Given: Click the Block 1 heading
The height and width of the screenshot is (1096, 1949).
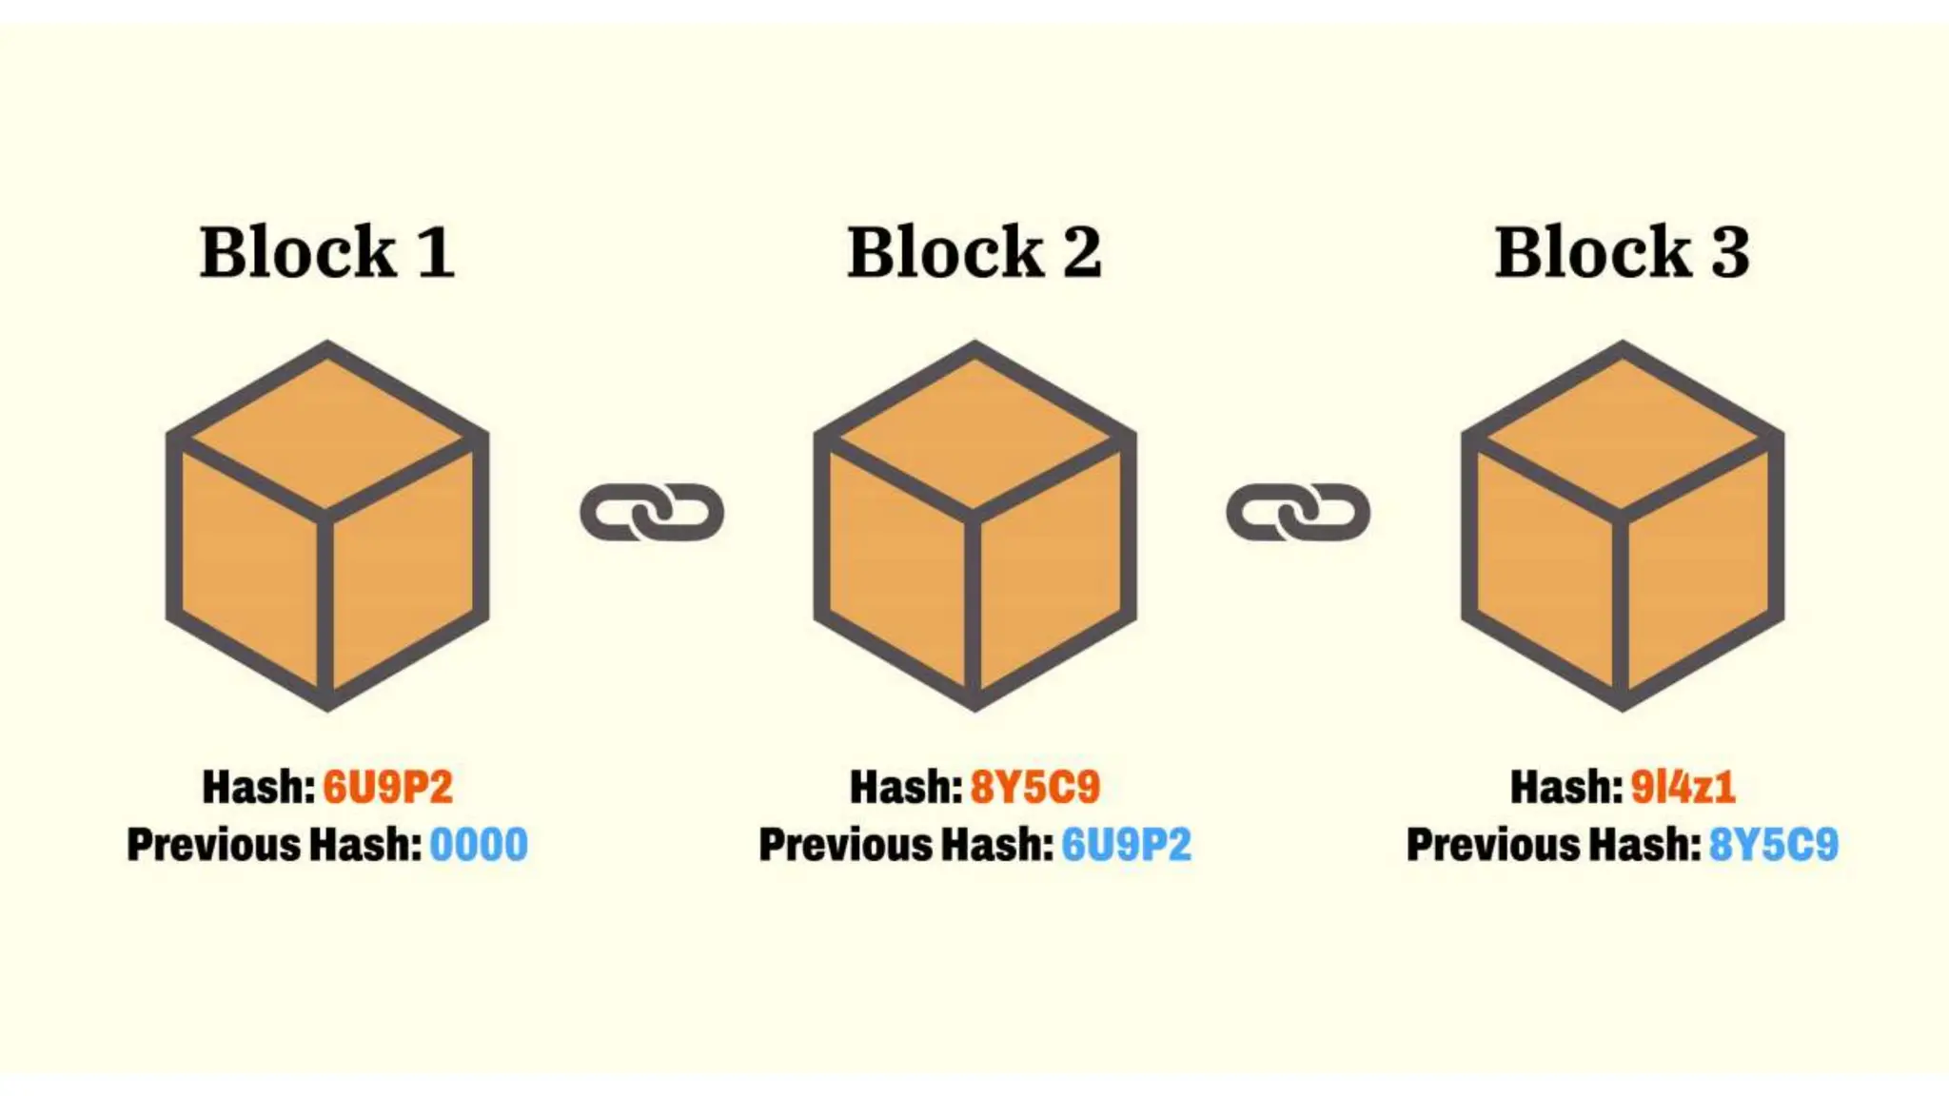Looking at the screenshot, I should click(x=326, y=252).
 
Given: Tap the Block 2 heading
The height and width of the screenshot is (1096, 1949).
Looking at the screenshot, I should click(x=974, y=252).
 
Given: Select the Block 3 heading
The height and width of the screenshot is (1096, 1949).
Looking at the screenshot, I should click(x=1622, y=252).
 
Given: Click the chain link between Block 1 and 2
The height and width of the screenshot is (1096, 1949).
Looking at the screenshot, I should click(x=652, y=512).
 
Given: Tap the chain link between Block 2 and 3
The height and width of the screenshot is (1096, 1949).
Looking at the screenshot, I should click(x=1298, y=512).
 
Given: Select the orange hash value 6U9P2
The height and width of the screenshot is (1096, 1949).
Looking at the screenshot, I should click(x=388, y=787).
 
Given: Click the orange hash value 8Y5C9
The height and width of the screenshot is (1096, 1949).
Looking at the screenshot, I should click(x=1035, y=787).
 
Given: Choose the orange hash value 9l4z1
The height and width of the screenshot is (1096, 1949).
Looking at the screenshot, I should click(x=1683, y=787).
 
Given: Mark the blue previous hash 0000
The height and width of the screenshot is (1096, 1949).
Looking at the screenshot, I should click(x=479, y=845).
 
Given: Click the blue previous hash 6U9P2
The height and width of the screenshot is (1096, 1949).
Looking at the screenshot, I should click(x=1126, y=845).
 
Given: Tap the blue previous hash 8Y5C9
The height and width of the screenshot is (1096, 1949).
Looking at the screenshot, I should click(x=1774, y=845).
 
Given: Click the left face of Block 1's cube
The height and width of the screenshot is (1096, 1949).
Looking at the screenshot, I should click(x=249, y=566).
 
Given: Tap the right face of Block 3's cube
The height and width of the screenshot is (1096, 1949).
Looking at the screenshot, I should click(x=1699, y=566).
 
